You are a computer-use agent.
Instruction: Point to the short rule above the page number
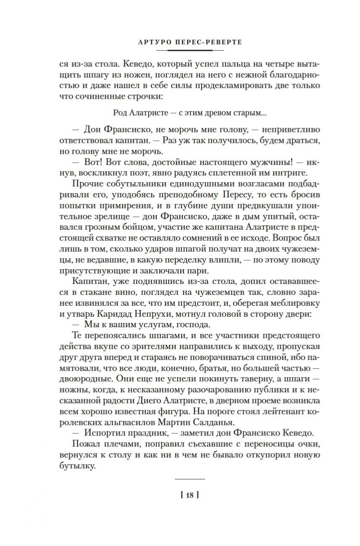tap(189, 479)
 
